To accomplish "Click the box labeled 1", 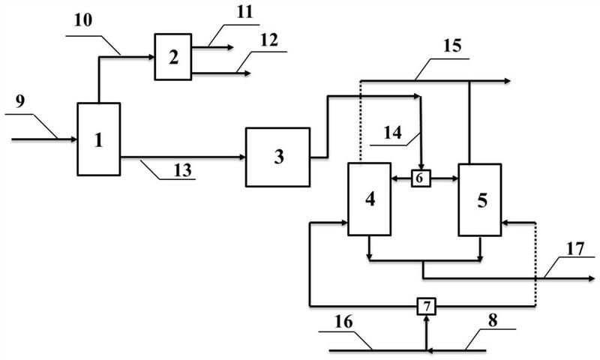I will pos(98,139).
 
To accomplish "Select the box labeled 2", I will pos(173,57).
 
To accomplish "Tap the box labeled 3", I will pos(277,157).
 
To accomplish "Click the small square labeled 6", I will pos(421,178).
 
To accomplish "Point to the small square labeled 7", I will pos(426,305).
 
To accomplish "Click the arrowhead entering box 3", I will pos(242,157).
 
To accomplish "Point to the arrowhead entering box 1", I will pos(74,139).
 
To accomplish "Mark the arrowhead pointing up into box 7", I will pos(426,317).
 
